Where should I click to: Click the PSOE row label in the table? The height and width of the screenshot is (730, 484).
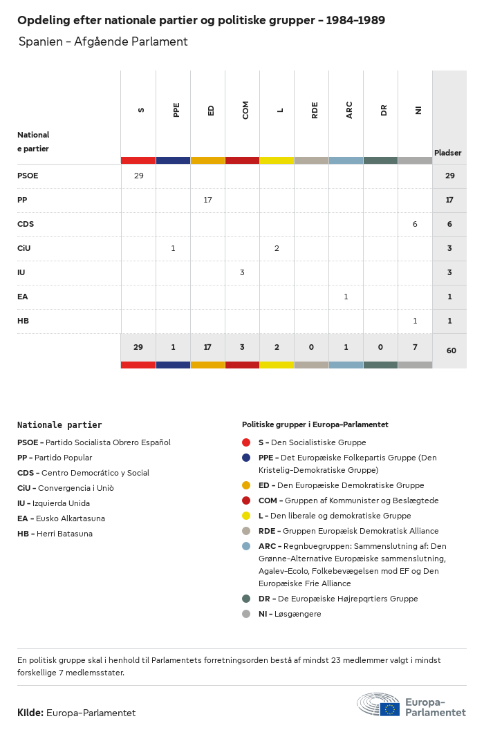coord(28,176)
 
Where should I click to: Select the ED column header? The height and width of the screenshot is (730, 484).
coord(211,109)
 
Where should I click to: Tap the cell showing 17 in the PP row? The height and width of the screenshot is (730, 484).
coord(207,200)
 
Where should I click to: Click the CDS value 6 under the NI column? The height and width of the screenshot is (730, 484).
coord(415,224)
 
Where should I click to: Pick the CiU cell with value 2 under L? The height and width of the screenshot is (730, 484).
coord(277,248)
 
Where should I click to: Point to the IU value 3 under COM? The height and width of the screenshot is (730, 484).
coord(242,272)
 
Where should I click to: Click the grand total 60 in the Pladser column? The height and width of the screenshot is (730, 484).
coord(451,350)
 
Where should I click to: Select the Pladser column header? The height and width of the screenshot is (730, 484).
coord(448,153)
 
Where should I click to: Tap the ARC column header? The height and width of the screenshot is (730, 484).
coord(349,109)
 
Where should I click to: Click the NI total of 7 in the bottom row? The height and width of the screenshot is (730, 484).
coord(415,346)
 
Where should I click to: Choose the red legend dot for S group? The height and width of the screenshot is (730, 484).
coord(246,442)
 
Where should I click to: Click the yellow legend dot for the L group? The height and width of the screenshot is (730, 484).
coord(246,516)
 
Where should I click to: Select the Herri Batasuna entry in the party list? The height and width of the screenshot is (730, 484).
coord(55,534)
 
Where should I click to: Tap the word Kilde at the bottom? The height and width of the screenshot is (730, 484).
coord(30,713)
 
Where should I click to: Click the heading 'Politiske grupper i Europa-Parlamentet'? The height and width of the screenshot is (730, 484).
coord(315,424)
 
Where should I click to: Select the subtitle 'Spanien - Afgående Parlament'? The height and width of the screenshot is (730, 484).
coord(103,41)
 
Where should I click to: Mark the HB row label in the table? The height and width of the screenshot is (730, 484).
coord(23,321)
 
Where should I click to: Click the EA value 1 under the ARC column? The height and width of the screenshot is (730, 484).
coord(346,297)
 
